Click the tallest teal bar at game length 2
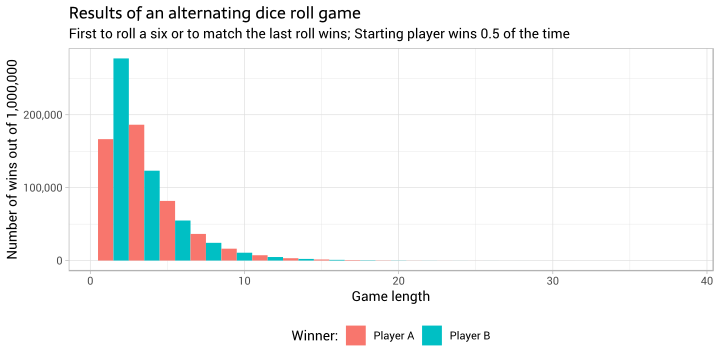(x=121, y=160)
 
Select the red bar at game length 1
(x=105, y=200)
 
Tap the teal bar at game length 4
(x=152, y=216)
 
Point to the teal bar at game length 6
(x=183, y=241)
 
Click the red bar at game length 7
(x=198, y=248)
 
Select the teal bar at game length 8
(x=214, y=252)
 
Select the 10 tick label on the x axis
(x=244, y=280)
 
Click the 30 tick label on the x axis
(x=553, y=280)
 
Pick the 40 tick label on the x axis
(x=707, y=280)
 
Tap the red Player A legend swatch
(x=356, y=335)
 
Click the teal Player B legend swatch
(x=432, y=335)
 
